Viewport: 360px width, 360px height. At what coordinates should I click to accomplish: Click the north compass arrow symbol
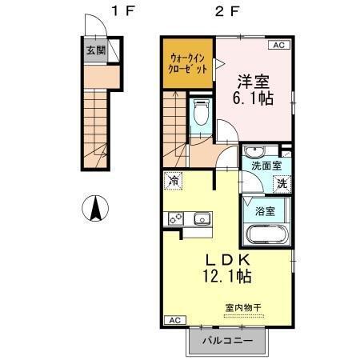(94, 210)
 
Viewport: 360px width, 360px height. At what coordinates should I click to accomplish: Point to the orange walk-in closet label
(188, 63)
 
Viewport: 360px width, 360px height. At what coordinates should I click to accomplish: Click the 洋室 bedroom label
(255, 80)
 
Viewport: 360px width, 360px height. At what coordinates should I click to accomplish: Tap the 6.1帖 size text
(255, 99)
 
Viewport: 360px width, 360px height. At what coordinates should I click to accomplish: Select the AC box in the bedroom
(279, 46)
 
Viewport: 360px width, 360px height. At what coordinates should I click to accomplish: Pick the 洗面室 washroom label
(266, 166)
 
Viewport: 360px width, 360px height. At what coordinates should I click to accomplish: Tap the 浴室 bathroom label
(266, 211)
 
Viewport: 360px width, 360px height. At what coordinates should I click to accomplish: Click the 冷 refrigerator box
(173, 182)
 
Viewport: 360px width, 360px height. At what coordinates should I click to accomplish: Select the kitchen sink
(200, 218)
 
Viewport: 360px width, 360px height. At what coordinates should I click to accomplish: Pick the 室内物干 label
(243, 307)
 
